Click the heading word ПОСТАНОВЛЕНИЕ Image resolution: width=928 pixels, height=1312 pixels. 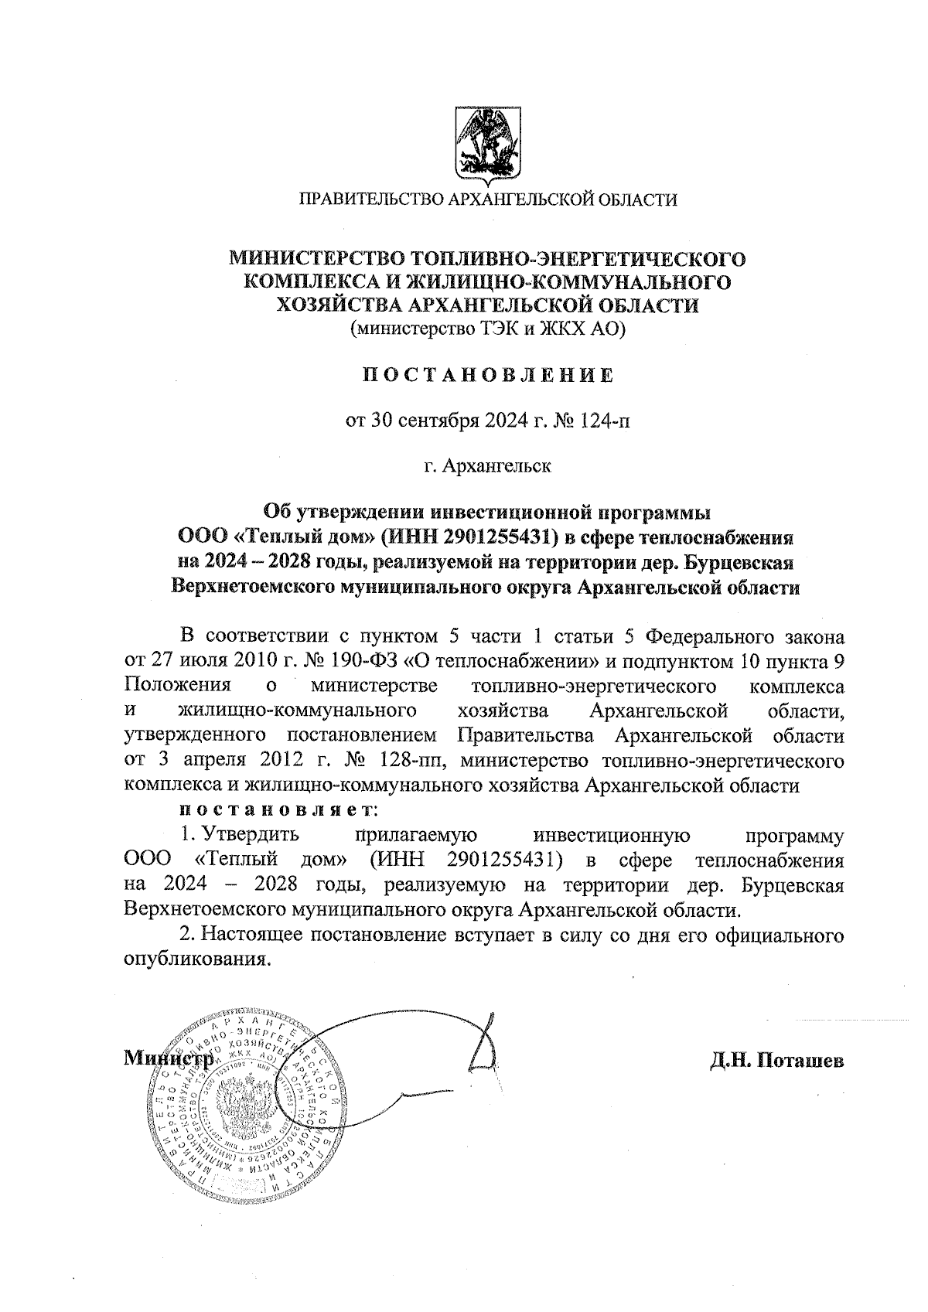(x=488, y=376)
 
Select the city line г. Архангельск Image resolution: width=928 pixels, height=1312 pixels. (x=488, y=467)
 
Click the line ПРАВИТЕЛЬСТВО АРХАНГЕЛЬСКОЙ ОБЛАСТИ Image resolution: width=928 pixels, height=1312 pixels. (x=488, y=200)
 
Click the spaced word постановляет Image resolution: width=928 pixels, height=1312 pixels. (x=277, y=810)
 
